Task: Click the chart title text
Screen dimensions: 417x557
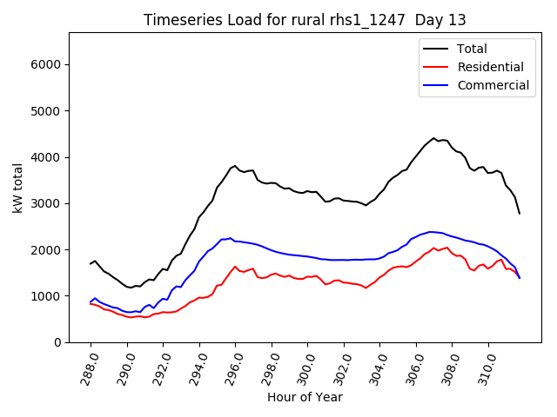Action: tap(305, 20)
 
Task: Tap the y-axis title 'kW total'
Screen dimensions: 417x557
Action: tap(18, 187)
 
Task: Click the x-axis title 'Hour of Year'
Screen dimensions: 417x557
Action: tap(305, 397)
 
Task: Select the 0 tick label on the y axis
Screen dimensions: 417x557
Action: tap(57, 342)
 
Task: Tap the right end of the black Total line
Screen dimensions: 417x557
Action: tap(520, 214)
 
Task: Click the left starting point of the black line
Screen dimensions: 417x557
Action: tap(91, 264)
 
